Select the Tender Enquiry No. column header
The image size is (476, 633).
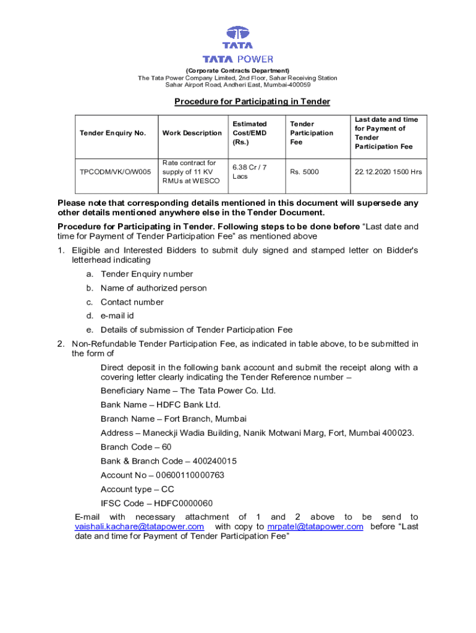pyautogui.click(x=113, y=133)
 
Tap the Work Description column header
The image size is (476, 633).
pyautogui.click(x=192, y=133)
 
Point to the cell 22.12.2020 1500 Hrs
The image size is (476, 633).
pyautogui.click(x=388, y=172)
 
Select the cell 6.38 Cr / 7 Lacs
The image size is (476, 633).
pyautogui.click(x=249, y=172)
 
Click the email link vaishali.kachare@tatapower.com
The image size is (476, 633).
pyautogui.click(x=139, y=527)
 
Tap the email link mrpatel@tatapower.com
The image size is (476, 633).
pyautogui.click(x=315, y=527)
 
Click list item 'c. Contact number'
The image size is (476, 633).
pyautogui.click(x=132, y=302)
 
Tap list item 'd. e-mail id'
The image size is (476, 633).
pyautogui.click(x=117, y=316)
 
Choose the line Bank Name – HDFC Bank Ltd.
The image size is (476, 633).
pyautogui.click(x=161, y=405)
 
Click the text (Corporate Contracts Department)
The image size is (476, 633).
pyautogui.click(x=237, y=70)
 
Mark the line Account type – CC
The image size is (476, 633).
pyautogui.click(x=137, y=489)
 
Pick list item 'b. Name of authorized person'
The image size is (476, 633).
pyautogui.click(x=153, y=288)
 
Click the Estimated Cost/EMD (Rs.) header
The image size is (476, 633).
pyautogui.click(x=250, y=133)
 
